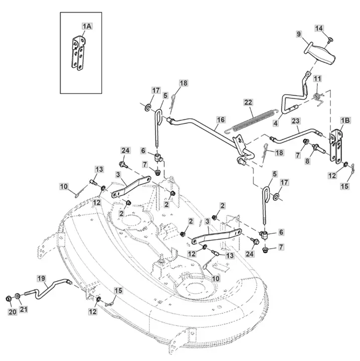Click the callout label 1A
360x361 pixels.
[x=87, y=26]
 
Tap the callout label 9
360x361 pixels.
[x=298, y=34]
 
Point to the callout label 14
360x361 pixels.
[x=319, y=28]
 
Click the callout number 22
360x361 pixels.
[x=248, y=102]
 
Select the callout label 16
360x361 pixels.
[x=221, y=120]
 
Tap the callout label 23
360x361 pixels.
[x=295, y=121]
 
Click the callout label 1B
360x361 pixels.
[x=345, y=120]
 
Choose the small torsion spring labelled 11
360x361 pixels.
[x=319, y=98]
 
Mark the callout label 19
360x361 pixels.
[x=42, y=278]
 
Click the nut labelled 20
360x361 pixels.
[x=9, y=299]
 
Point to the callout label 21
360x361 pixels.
[x=24, y=309]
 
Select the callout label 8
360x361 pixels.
[x=307, y=161]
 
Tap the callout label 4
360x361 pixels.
[x=276, y=123]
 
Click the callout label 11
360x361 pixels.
[x=317, y=79]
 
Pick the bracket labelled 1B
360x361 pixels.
[x=335, y=146]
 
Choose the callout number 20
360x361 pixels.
[x=13, y=312]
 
